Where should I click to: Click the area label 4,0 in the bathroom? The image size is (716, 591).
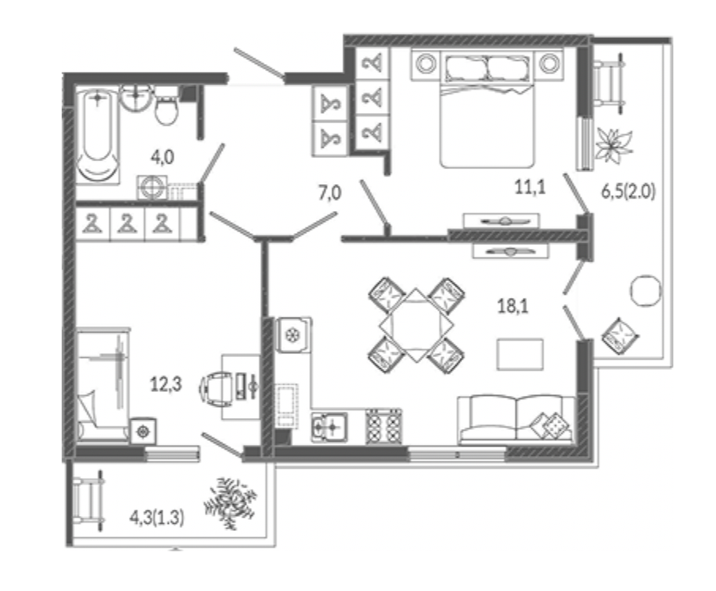(162, 158)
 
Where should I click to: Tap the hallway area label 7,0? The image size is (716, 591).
(329, 193)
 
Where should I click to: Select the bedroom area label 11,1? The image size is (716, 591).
(529, 187)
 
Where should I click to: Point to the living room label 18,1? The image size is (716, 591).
(513, 306)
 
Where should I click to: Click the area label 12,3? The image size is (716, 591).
(165, 384)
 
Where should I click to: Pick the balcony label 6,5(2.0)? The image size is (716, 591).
(628, 192)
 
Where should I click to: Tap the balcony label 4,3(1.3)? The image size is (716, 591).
(157, 518)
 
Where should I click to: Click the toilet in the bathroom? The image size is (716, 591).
(165, 107)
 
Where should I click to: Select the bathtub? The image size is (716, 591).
(98, 136)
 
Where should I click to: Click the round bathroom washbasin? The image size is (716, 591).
(136, 97)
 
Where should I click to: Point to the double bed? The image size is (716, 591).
(487, 109)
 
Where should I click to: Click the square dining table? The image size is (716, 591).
(416, 325)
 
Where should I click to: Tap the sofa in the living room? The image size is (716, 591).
(517, 420)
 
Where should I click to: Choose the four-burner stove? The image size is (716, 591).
(383, 426)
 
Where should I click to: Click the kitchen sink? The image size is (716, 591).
(329, 427)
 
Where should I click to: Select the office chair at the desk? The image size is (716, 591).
(216, 388)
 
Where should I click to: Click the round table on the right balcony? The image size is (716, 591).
(646, 290)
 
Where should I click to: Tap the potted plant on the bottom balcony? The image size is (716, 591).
(230, 502)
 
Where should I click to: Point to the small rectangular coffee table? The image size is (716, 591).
(520, 354)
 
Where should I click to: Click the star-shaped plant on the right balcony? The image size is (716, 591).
(614, 144)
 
